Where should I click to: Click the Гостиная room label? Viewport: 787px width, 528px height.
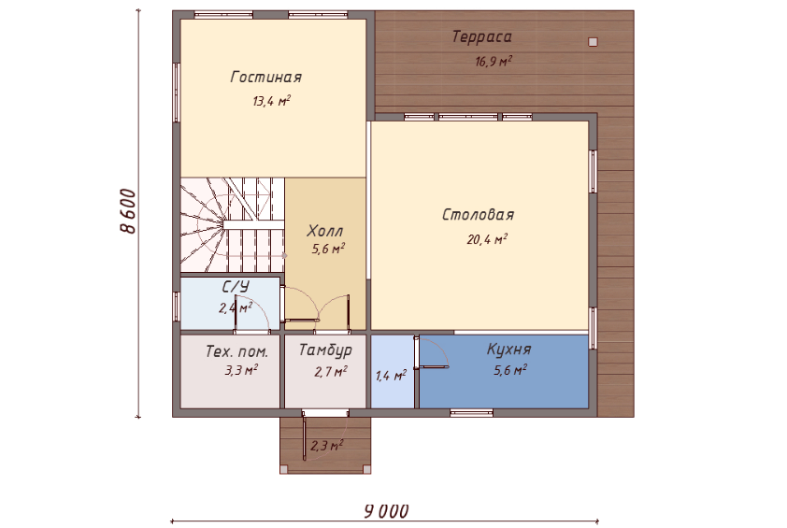[266, 77]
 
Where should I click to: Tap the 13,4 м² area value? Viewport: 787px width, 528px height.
[272, 101]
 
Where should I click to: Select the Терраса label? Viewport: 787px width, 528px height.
[482, 36]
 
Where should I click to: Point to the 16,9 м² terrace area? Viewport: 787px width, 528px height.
[494, 62]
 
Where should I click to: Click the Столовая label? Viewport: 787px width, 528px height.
[478, 215]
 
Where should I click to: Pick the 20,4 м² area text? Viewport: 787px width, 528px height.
[487, 239]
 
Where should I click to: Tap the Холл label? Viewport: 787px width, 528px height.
[324, 231]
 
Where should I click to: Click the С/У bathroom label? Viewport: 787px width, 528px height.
[236, 287]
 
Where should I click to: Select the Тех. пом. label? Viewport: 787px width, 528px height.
[236, 351]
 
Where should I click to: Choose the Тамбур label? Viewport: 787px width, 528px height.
[325, 350]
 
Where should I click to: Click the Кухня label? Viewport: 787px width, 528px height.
[508, 349]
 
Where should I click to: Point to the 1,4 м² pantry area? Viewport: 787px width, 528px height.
[391, 375]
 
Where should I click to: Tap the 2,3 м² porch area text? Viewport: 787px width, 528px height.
[327, 445]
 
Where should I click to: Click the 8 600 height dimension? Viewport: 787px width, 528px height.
[128, 211]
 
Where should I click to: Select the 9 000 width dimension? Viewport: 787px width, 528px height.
[385, 511]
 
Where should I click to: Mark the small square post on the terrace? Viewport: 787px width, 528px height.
[593, 42]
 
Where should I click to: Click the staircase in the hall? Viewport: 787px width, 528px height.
[233, 225]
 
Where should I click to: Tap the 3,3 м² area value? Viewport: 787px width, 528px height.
[241, 370]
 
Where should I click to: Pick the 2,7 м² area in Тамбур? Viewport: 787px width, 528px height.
[331, 371]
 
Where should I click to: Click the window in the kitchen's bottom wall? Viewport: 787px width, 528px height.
[471, 413]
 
